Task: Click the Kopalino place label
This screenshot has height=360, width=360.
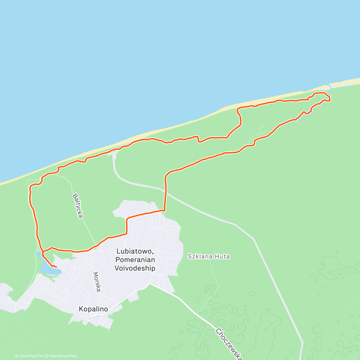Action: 93,309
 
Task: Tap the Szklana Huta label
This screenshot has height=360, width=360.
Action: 209,256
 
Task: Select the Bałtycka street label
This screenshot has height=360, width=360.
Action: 78,206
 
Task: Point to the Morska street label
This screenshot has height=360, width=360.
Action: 96,282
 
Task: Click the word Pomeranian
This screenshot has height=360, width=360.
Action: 135,260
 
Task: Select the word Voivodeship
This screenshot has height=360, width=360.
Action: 135,268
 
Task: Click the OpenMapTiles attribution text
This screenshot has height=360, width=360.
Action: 29,356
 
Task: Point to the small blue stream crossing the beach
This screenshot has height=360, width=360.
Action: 330,87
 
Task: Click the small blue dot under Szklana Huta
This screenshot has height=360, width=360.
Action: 212,262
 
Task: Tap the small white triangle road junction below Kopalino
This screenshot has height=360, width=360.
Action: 94,314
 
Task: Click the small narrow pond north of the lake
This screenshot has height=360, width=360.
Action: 39,255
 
